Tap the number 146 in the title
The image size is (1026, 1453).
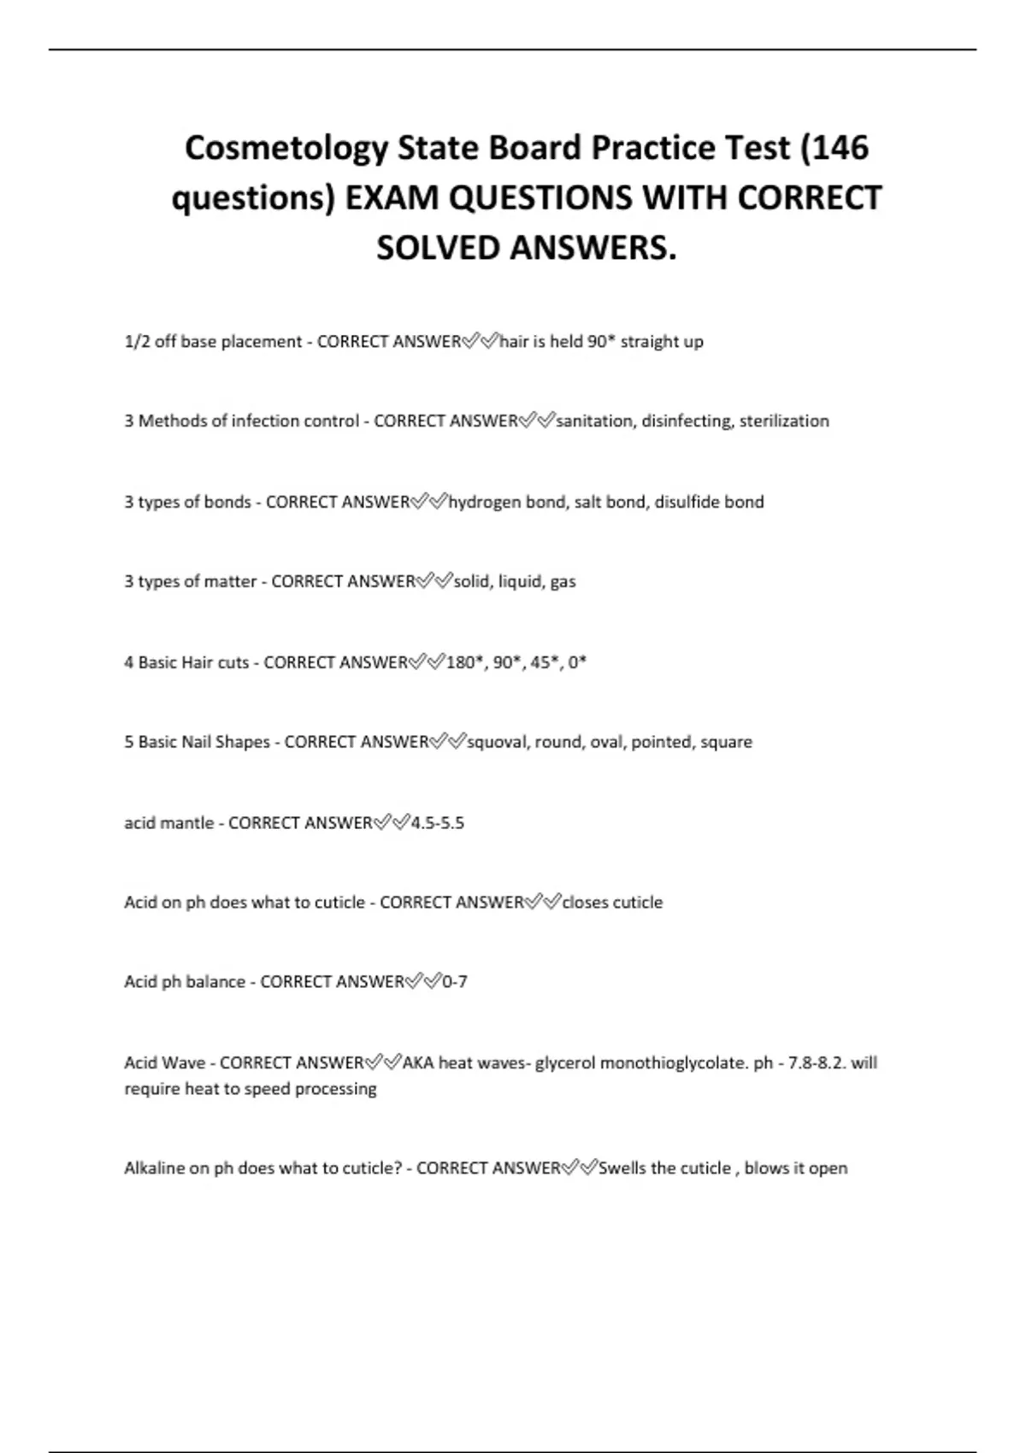pos(840,147)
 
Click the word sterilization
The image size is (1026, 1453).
pos(784,421)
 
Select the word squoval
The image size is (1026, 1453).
pos(497,742)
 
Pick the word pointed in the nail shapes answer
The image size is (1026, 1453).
pos(661,742)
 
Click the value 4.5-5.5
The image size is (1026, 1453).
pos(438,823)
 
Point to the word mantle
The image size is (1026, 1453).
pos(190,823)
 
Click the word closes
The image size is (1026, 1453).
pos(585,903)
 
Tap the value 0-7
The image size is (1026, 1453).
pos(455,982)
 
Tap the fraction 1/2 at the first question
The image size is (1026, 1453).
pos(137,342)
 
